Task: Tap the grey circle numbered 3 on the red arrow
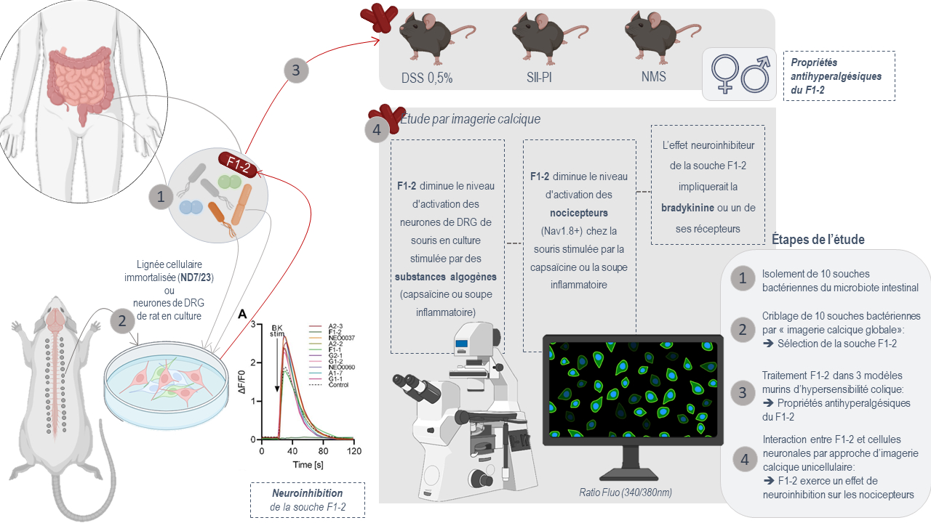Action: [295, 70]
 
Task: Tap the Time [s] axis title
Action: [308, 464]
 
